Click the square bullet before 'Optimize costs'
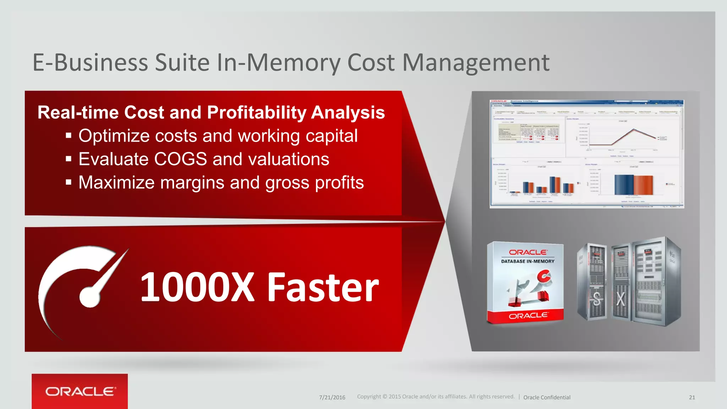[69, 136]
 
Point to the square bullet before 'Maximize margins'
[69, 182]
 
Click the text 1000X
[197, 287]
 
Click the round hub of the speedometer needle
[90, 296]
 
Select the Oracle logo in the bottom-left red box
[80, 391]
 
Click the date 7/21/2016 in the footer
[332, 397]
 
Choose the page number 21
[692, 397]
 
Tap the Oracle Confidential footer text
[547, 397]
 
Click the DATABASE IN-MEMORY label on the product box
[528, 261]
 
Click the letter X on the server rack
[621, 299]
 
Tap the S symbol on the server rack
[596, 299]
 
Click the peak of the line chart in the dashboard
[634, 129]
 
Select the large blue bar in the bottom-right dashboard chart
[624, 185]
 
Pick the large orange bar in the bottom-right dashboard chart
[643, 185]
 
